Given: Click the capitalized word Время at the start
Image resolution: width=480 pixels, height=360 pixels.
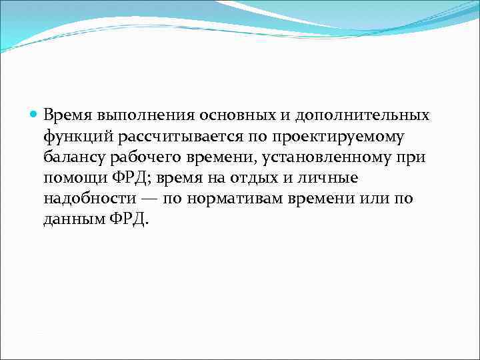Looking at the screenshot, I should pos(67,115).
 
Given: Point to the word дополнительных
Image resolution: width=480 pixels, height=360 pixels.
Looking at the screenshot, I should pos(351,115).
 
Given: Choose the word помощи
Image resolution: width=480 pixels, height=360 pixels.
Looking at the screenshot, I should pos(73,179).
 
